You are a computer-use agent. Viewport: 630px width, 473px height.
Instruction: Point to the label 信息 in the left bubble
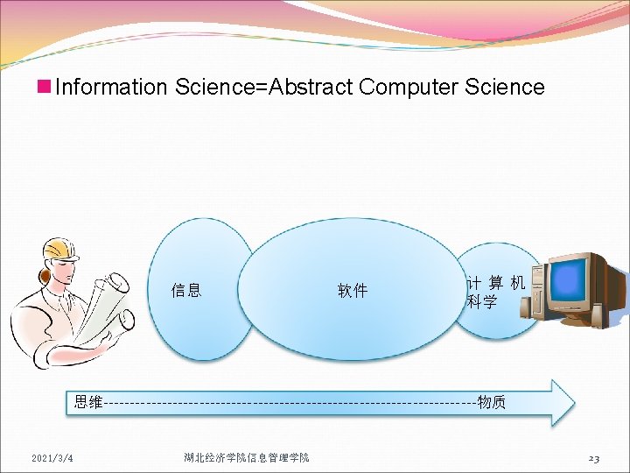(186, 290)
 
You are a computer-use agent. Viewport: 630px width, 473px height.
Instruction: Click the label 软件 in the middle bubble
(353, 291)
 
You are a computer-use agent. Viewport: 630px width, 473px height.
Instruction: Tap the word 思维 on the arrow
(88, 402)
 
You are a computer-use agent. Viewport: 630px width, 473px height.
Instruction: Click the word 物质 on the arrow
(491, 402)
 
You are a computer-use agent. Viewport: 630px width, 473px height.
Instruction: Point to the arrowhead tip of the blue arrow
(573, 403)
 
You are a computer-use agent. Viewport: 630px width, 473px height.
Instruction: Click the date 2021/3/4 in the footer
(52, 458)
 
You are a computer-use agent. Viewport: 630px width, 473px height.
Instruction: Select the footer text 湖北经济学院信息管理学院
(247, 458)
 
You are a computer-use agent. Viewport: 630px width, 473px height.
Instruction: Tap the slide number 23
(593, 458)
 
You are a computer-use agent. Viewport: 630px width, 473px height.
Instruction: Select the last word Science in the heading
(506, 88)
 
